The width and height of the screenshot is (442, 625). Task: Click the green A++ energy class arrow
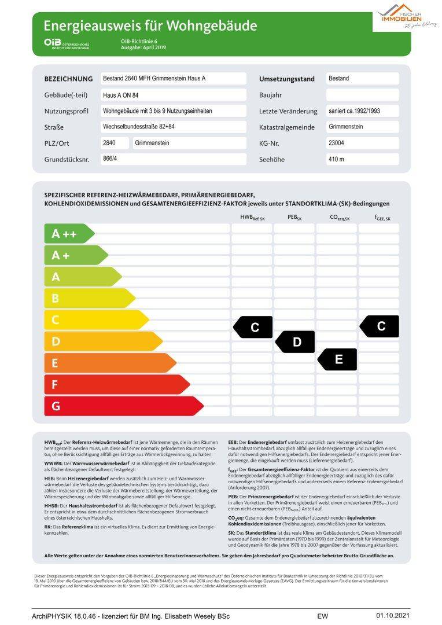[68, 234]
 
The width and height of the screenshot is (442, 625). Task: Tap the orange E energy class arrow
[109, 363]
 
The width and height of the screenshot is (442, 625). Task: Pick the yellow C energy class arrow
[95, 320]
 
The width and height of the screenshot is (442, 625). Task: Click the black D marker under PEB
[296, 342]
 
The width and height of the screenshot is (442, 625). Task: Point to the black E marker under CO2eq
[338, 359]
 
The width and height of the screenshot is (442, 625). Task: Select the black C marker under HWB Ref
[253, 328]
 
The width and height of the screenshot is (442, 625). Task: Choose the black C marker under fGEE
[380, 326]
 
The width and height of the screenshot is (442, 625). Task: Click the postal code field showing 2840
[114, 143]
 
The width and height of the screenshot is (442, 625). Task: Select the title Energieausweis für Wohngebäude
[150, 25]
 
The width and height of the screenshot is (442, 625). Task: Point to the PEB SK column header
[294, 217]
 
